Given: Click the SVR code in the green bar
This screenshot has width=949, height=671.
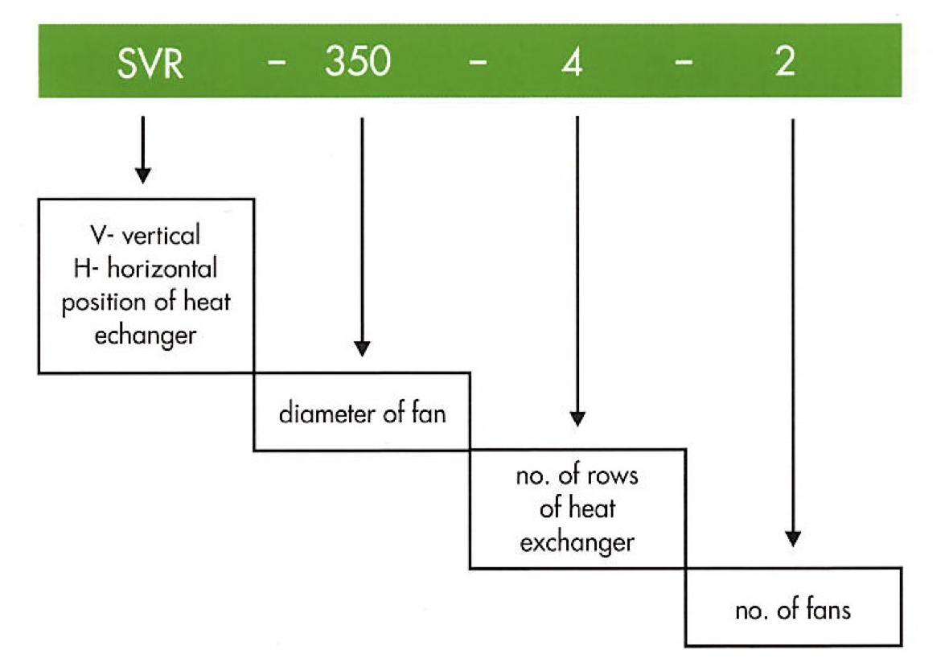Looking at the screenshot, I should (x=150, y=63).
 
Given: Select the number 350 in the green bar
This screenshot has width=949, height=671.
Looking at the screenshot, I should (x=358, y=63).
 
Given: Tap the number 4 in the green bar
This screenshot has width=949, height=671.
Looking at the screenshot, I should (x=572, y=63).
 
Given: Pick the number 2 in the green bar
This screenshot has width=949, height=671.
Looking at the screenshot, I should (x=786, y=63).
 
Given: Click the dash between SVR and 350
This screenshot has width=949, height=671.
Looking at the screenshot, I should (x=276, y=64).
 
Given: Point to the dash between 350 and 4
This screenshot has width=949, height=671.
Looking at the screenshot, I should (x=476, y=64).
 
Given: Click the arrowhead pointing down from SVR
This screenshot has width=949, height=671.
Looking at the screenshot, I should (x=142, y=173).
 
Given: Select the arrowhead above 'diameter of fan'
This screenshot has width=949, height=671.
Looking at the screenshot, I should (x=362, y=348).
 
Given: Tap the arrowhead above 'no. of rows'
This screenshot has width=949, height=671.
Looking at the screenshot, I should (x=577, y=418).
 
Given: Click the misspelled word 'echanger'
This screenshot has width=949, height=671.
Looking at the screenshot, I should (x=146, y=335).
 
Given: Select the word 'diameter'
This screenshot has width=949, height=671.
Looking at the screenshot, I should (x=316, y=415).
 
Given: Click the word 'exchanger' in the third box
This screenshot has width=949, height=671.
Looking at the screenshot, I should (x=577, y=543).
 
